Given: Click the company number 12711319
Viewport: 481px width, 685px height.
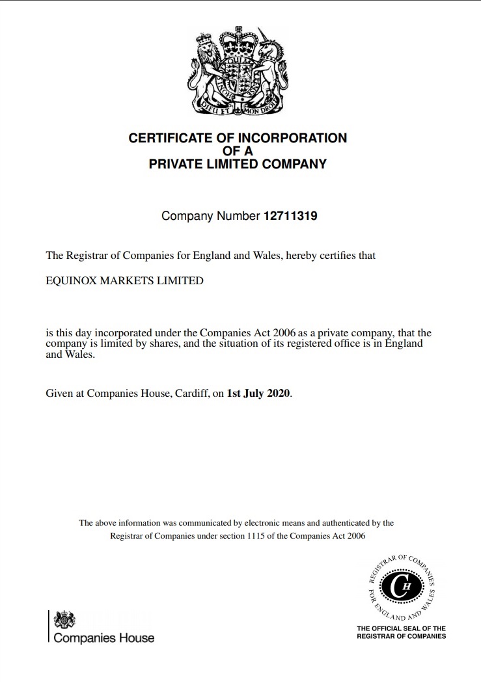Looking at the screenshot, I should (290, 216).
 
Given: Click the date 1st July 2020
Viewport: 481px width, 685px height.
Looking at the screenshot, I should (258, 394).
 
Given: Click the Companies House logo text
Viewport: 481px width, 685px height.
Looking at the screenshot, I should (104, 638).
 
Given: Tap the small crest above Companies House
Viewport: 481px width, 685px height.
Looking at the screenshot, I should (64, 620).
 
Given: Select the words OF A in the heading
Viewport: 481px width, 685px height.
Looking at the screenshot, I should (238, 151).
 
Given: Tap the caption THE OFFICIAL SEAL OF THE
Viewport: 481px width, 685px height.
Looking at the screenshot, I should (402, 628).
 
